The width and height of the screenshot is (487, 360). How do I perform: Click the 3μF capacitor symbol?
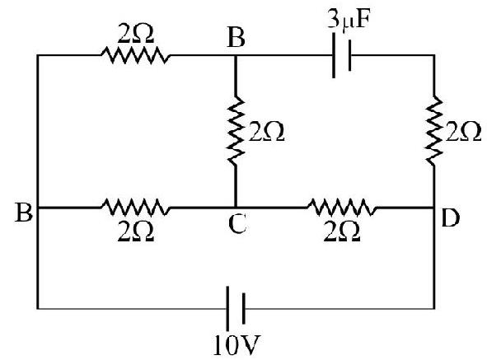pos(342,55)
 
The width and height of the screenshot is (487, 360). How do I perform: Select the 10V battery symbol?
pos(236,308)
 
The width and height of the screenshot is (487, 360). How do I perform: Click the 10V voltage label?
pos(236,345)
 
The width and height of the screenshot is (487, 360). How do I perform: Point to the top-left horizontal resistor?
pos(135,55)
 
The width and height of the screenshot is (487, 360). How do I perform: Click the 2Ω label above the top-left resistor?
pos(136,34)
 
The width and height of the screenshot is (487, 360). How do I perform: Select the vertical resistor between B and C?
pos(236,131)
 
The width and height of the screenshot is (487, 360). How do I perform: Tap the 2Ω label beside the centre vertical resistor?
pos(266,133)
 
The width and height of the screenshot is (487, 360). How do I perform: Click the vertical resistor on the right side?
pos(434,131)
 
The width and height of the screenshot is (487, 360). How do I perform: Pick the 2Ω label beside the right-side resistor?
pos(464,133)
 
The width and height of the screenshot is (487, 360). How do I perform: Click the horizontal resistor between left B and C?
pos(135,207)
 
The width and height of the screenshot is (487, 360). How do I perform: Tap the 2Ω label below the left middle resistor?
pos(136,231)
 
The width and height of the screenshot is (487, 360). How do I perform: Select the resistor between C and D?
pos(342,207)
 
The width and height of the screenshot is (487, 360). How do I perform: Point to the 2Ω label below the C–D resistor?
pos(342,231)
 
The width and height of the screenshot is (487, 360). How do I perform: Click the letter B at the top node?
pos(236,39)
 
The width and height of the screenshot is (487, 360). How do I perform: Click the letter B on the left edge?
pos(24,213)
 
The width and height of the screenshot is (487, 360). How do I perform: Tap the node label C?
pos(237,224)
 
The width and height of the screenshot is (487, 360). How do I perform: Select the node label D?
pos(450,218)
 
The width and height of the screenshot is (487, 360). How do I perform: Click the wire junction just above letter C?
pos(236,207)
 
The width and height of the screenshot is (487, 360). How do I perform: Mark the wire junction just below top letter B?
pos(236,55)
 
